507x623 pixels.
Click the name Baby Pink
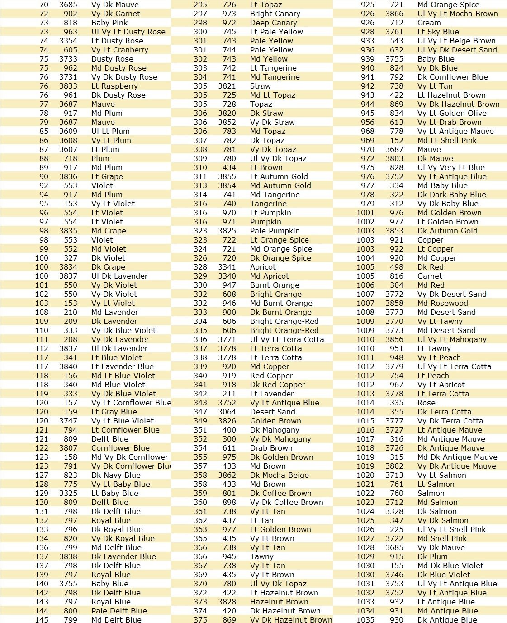(109, 23)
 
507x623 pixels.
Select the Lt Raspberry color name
(114, 86)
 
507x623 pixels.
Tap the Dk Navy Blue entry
(116, 475)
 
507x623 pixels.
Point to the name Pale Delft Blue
(119, 611)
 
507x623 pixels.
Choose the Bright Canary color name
(275, 14)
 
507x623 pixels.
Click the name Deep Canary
(274, 23)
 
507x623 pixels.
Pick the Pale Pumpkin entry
(275, 231)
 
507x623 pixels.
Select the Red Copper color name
(271, 376)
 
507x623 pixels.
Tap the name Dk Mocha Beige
(280, 475)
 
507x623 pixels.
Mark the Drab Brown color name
(271, 448)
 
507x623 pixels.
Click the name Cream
(429, 23)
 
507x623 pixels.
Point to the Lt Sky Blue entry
(438, 32)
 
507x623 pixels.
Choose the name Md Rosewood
(443, 303)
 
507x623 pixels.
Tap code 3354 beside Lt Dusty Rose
(68, 41)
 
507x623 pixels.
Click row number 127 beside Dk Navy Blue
(42, 475)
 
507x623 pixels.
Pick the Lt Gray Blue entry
(114, 412)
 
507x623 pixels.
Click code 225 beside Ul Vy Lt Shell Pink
(397, 529)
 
